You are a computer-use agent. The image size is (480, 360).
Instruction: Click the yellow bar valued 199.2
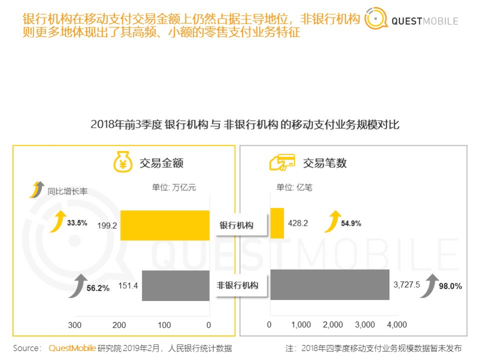[165, 225]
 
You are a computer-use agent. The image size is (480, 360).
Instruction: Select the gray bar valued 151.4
[176, 285]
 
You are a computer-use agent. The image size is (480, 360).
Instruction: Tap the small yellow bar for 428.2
[277, 223]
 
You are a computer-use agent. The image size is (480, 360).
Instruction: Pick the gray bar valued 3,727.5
[329, 285]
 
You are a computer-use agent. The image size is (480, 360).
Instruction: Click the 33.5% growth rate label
[77, 223]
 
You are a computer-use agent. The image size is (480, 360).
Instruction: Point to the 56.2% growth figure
[98, 289]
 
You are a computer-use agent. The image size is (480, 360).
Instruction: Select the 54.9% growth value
[351, 223]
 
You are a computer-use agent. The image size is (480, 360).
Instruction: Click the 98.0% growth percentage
[450, 286]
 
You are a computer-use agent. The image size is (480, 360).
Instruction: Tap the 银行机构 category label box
[236, 225]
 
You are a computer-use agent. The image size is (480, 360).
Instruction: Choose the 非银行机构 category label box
[237, 285]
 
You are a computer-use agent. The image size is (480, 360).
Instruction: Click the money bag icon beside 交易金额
[123, 162]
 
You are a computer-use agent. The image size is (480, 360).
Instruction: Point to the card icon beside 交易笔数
[282, 162]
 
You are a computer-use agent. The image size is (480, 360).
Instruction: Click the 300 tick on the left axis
[75, 325]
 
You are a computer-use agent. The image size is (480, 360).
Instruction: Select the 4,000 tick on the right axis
[397, 325]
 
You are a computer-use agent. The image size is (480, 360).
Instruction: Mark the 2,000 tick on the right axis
[333, 325]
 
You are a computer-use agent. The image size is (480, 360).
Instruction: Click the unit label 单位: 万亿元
[174, 188]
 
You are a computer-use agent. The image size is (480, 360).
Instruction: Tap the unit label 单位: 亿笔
[294, 188]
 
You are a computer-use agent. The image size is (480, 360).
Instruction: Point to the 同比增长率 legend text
[68, 191]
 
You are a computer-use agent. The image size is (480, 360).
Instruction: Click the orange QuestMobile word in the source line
[72, 348]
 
